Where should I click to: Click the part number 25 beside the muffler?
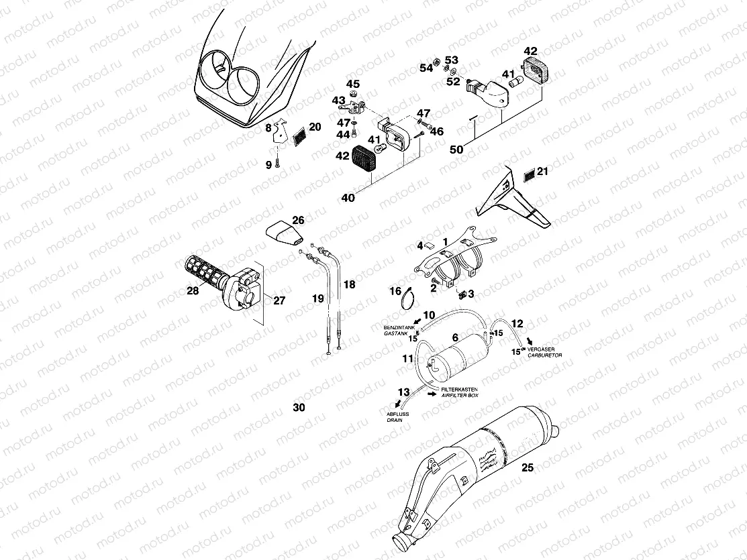point(528,468)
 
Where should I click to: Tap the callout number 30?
point(299,407)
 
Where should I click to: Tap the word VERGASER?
point(544,349)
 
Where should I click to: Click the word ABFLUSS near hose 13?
point(397,414)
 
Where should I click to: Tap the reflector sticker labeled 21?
point(528,174)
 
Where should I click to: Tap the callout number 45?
point(352,84)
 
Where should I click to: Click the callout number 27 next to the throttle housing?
point(279,300)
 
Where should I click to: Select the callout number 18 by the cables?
point(350,284)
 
